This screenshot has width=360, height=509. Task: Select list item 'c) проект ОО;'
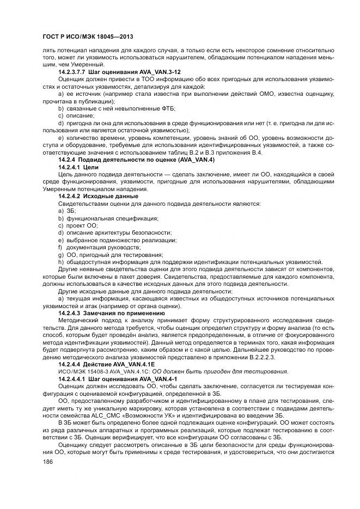pyautogui.click(x=77, y=225)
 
